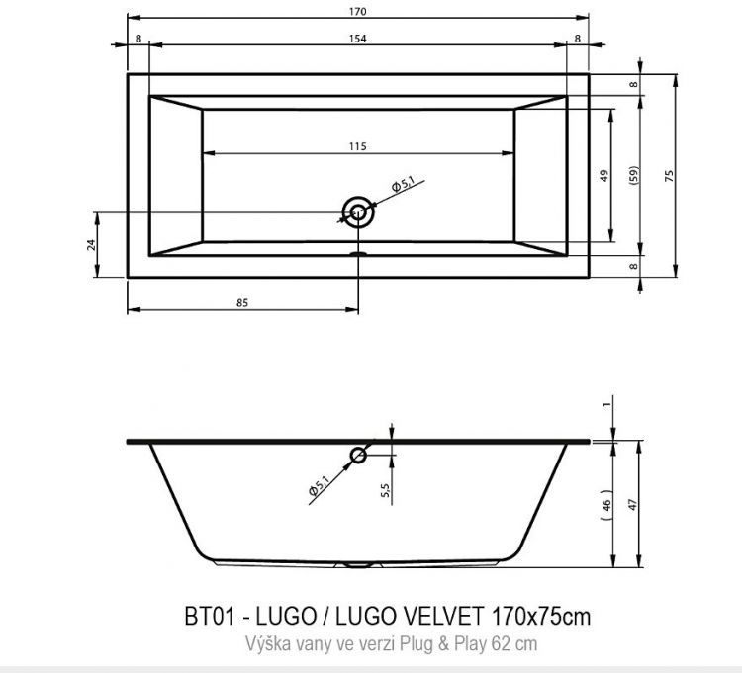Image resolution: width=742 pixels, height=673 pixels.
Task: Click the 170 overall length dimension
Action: [358, 12]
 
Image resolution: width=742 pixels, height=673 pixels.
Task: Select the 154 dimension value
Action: [358, 39]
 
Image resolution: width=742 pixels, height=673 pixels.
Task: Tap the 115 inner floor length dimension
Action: [358, 146]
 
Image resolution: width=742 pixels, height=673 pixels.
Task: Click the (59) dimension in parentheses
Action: [634, 175]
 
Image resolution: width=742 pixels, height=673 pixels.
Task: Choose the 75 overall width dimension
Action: [669, 175]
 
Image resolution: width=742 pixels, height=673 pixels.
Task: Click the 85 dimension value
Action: [242, 303]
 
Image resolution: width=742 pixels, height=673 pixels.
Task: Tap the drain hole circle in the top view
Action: [358, 210]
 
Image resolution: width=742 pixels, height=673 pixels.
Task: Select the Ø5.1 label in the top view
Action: [401, 185]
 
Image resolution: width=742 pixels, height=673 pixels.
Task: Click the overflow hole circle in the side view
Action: [358, 455]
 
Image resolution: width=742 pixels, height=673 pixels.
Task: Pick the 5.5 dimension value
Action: [387, 487]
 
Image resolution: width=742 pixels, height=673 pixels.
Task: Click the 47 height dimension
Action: [634, 502]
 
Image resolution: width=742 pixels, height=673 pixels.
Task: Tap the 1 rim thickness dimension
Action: [606, 404]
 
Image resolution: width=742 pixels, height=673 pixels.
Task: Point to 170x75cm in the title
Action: [539, 617]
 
